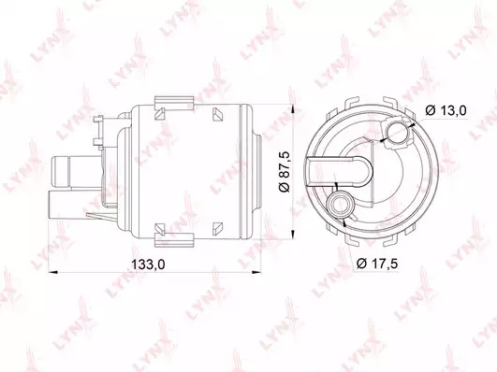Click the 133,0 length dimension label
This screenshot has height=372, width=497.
(x=148, y=264)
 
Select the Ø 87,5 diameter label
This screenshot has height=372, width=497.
(x=285, y=171)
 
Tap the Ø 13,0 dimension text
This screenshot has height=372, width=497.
(x=446, y=110)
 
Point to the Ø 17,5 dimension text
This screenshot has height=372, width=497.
(x=377, y=264)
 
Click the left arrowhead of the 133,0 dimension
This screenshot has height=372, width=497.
(x=52, y=272)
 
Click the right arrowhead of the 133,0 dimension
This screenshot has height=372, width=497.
(x=256, y=272)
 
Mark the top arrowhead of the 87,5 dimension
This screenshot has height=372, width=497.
(x=293, y=109)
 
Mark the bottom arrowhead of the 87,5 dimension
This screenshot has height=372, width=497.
(x=293, y=234)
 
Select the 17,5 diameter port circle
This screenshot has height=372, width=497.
(x=341, y=203)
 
